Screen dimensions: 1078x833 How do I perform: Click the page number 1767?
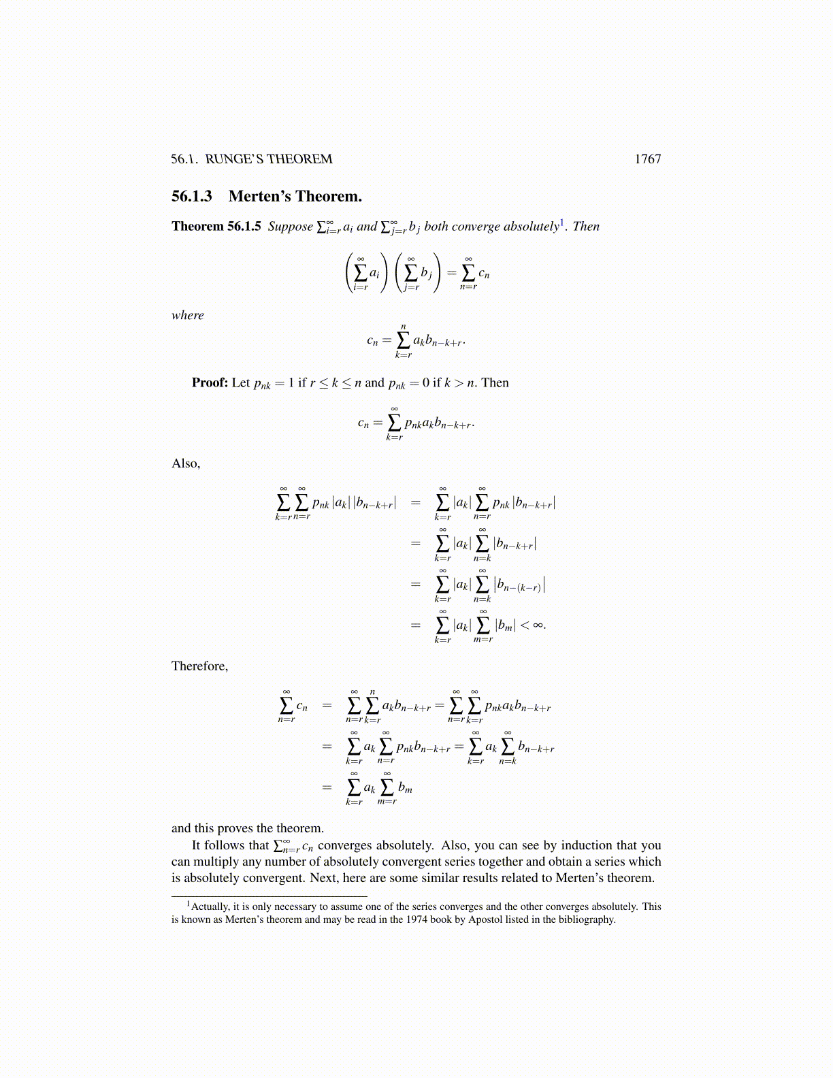pyautogui.click(x=647, y=159)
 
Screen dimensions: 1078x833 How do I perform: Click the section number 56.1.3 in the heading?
pyautogui.click(x=191, y=197)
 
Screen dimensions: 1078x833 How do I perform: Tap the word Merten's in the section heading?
pyautogui.click(x=259, y=197)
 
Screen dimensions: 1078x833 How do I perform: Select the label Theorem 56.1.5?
pyautogui.click(x=216, y=227)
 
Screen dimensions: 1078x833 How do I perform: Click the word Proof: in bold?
pyautogui.click(x=210, y=382)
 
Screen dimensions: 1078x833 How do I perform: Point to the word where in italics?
pyautogui.click(x=187, y=315)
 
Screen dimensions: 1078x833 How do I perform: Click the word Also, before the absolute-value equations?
pyautogui.click(x=185, y=463)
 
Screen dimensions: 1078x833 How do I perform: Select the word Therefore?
pyautogui.click(x=199, y=666)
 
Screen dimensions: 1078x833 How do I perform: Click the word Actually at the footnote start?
pyautogui.click(x=210, y=906)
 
